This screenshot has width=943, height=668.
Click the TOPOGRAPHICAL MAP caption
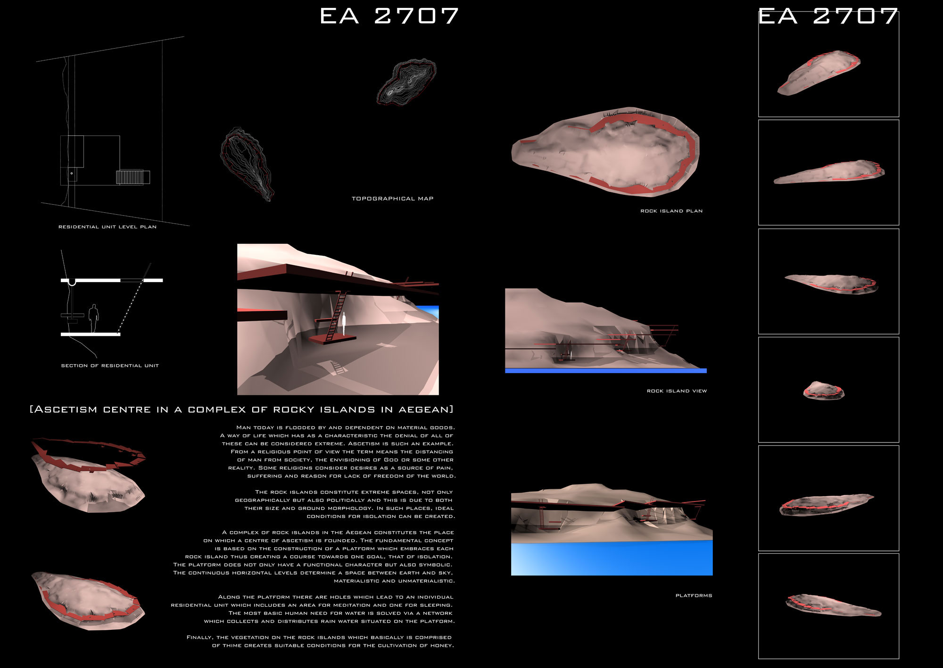(x=392, y=199)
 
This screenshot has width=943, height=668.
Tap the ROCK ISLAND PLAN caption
(x=671, y=211)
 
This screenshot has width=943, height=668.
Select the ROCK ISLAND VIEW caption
(x=677, y=391)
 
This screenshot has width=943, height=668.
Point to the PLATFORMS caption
(x=694, y=595)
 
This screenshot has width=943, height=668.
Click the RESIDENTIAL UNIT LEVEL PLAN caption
(x=107, y=227)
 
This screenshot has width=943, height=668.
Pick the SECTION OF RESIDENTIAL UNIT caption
(x=110, y=366)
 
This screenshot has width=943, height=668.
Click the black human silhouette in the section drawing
(x=94, y=318)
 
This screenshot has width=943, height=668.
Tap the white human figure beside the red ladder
(x=344, y=324)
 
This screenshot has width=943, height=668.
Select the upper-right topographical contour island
(x=406, y=81)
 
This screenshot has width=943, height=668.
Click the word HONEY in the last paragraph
(x=442, y=645)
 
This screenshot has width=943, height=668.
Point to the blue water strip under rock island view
(x=605, y=371)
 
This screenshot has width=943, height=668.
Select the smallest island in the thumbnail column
(x=824, y=391)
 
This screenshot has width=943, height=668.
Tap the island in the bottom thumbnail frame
(x=834, y=605)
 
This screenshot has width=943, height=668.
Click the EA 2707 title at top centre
(x=389, y=16)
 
